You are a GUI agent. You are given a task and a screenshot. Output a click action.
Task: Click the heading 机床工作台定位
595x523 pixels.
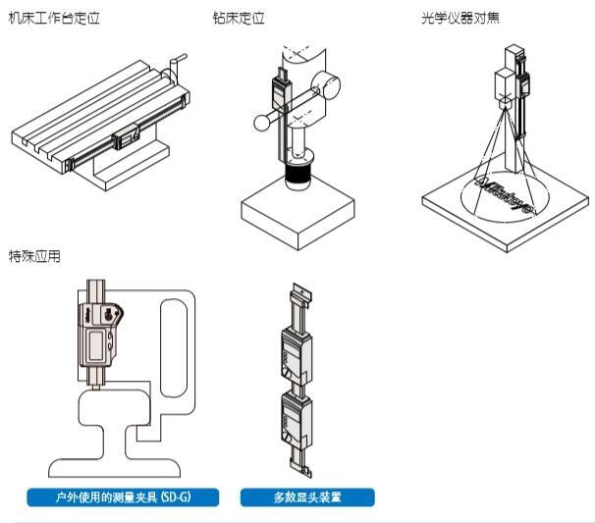click(x=54, y=19)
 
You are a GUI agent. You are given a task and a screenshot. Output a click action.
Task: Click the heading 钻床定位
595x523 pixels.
click(x=239, y=19)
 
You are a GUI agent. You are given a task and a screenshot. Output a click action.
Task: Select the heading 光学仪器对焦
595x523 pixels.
click(x=460, y=19)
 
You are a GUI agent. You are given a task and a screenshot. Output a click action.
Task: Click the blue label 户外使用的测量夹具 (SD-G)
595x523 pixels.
click(x=123, y=497)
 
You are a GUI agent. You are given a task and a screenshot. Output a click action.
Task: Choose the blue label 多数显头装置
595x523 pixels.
click(x=306, y=497)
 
